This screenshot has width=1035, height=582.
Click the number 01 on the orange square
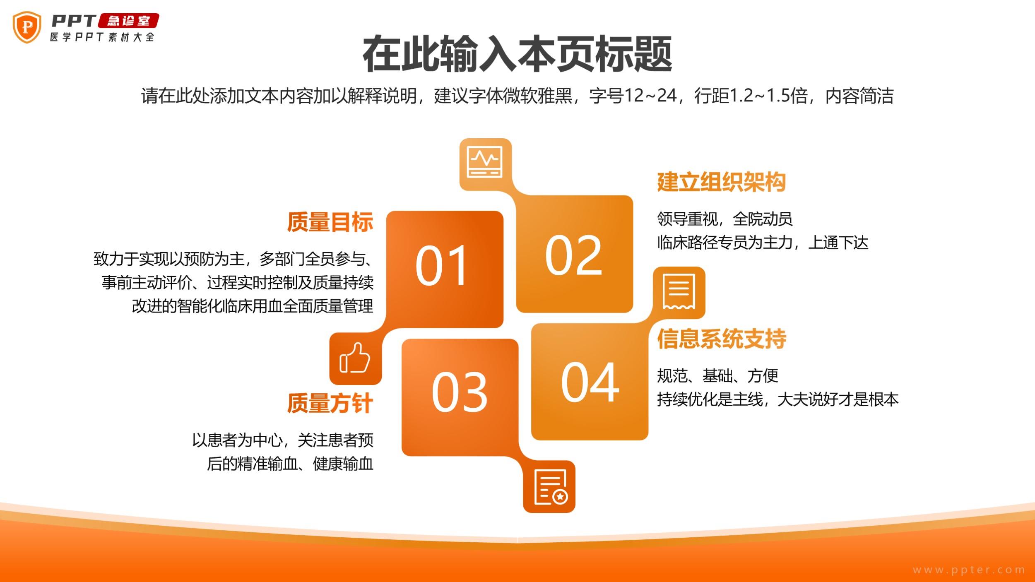[x=441, y=266]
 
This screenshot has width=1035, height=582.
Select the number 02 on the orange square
[x=573, y=255]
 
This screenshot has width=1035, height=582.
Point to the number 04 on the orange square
[x=590, y=382]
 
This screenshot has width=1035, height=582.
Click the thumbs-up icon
[x=355, y=358]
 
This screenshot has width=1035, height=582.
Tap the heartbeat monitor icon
[x=485, y=162]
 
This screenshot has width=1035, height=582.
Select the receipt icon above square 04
[x=679, y=292]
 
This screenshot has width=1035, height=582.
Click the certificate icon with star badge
[x=551, y=487]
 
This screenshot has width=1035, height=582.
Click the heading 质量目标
[x=330, y=222]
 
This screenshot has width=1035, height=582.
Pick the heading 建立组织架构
[x=721, y=182]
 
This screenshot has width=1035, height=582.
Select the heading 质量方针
[x=330, y=403]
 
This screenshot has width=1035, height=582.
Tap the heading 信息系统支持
[x=722, y=339]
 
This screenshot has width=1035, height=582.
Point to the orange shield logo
[x=27, y=27]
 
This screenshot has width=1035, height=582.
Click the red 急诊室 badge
[x=129, y=21]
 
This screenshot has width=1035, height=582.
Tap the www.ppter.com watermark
[x=969, y=570]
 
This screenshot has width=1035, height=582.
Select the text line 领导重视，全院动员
[x=725, y=219]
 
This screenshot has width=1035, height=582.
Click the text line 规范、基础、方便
[x=718, y=376]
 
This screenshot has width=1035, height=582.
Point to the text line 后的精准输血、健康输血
[x=290, y=464]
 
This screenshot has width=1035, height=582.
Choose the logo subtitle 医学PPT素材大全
[x=102, y=37]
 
